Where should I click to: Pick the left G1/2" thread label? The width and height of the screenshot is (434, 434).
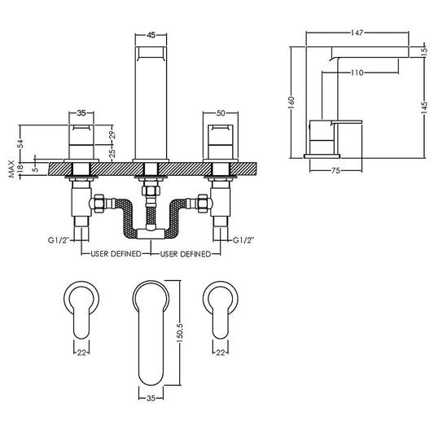pyautogui.click(x=58, y=240)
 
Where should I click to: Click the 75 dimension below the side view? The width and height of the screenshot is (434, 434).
pyautogui.click(x=336, y=171)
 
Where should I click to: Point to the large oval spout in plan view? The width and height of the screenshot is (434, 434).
pyautogui.click(x=147, y=334)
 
